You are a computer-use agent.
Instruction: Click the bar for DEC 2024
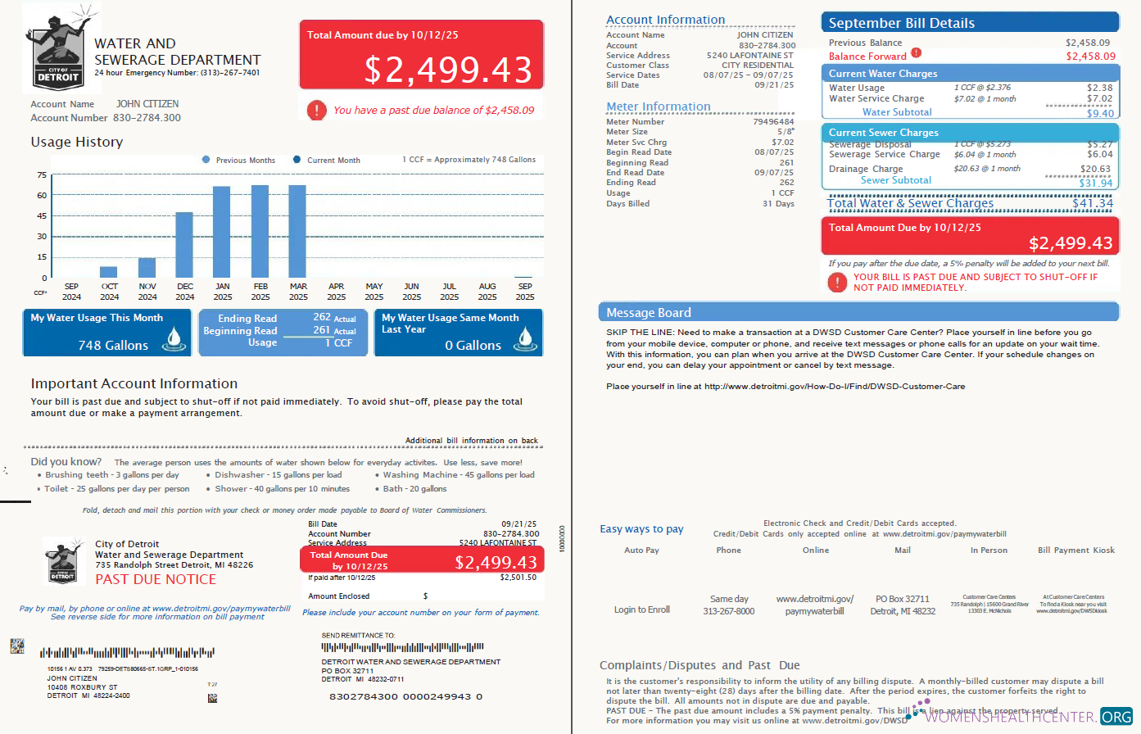[x=184, y=245]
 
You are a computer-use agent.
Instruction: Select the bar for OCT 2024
[x=108, y=272]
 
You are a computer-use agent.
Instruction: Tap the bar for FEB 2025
[x=260, y=232]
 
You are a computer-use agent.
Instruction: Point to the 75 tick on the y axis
[x=42, y=175]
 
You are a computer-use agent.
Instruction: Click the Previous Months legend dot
[x=206, y=160]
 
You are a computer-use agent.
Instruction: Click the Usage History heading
[x=77, y=142]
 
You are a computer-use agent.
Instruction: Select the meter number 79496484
[x=773, y=121]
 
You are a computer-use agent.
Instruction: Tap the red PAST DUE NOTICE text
[x=156, y=579]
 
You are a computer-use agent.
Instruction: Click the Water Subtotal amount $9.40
[x=1099, y=113]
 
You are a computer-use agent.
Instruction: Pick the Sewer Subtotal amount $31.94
[x=1095, y=183]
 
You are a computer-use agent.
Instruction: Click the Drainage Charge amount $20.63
[x=1095, y=169]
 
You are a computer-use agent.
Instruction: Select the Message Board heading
[x=649, y=313]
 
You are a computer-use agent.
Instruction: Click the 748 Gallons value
[x=113, y=345]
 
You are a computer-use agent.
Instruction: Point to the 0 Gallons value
[x=473, y=346]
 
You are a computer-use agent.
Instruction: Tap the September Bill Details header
[x=901, y=23]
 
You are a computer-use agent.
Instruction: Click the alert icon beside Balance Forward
[x=916, y=53]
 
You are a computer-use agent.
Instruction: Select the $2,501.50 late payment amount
[x=518, y=578]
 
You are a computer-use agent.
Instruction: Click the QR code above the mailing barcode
[x=17, y=646]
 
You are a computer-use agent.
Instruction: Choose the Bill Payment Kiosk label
[x=1075, y=550]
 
